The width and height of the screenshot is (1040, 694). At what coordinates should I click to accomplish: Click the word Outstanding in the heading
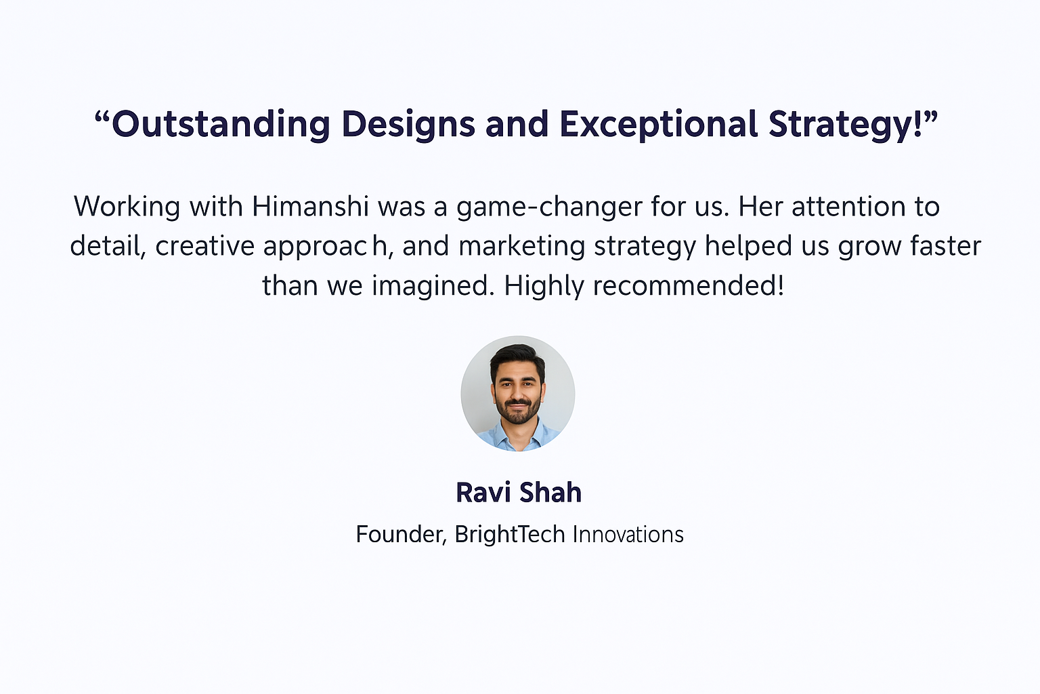tap(221, 125)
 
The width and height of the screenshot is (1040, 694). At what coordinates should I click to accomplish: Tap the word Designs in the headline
tap(408, 125)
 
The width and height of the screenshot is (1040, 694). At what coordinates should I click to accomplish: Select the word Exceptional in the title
tap(658, 125)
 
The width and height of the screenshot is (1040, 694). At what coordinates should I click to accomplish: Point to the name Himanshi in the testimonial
tap(311, 206)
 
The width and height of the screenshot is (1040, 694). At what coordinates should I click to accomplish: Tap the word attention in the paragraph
tap(848, 206)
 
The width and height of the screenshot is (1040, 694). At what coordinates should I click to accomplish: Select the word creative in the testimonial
tap(204, 246)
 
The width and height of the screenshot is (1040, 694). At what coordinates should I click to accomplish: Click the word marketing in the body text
tap(522, 247)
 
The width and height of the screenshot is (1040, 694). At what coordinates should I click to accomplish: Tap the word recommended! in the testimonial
tap(689, 285)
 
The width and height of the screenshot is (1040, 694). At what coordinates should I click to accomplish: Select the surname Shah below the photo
tap(550, 492)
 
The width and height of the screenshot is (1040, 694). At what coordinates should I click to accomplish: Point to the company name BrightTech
tap(510, 535)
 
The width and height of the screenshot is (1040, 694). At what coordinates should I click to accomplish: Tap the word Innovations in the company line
tap(628, 535)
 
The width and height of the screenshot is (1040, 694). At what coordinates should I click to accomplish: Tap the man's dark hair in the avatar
tap(517, 356)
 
